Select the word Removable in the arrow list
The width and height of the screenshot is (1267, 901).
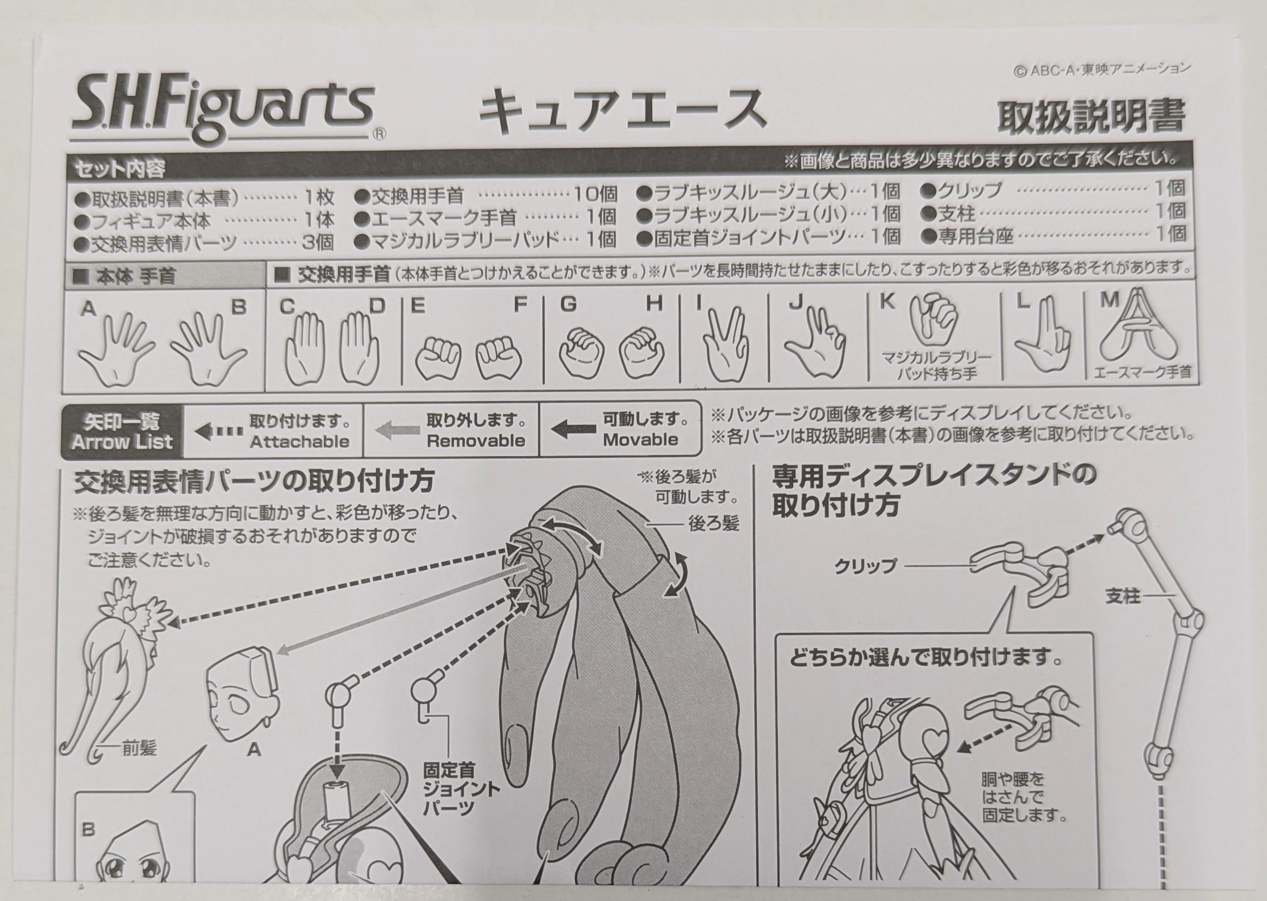tap(476, 441)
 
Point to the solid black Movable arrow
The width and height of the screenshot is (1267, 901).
tap(574, 429)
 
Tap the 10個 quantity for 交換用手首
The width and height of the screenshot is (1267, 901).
tap(595, 195)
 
